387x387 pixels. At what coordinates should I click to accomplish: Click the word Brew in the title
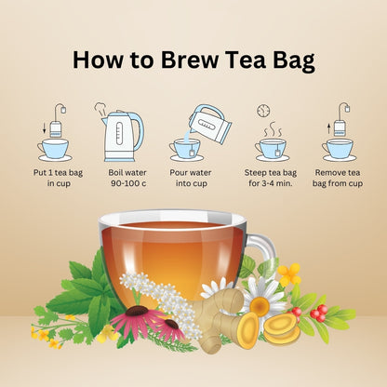190,60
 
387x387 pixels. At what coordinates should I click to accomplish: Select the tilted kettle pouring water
209,124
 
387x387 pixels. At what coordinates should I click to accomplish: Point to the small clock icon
263,111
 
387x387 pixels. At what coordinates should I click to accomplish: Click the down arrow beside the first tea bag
45,127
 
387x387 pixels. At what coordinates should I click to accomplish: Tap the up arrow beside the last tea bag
329,128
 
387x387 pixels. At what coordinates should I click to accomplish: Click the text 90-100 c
128,183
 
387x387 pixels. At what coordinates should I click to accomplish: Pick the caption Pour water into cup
191,178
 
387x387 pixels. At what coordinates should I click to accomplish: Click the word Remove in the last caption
330,172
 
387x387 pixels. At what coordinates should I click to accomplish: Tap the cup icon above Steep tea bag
271,150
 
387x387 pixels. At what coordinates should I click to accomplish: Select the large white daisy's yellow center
260,306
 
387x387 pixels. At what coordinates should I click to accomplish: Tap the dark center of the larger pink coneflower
137,311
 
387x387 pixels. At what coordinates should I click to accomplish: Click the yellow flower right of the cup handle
289,274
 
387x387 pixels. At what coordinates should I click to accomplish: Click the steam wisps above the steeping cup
273,129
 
